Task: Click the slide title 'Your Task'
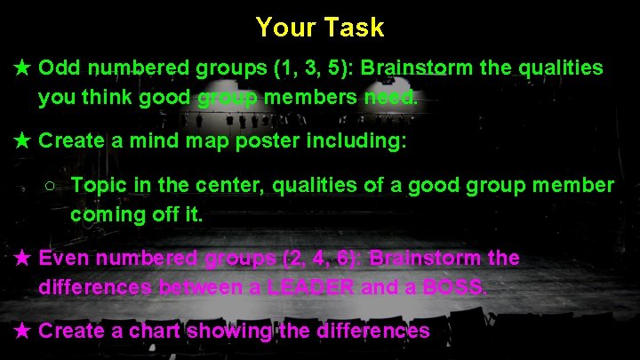point(320,28)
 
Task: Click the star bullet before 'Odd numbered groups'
point(24,68)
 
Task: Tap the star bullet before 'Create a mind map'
point(24,140)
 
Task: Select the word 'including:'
point(362,140)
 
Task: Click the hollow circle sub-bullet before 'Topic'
point(51,186)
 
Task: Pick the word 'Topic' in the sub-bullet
point(97,185)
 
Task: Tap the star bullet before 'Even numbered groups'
point(24,259)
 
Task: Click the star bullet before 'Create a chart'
point(24,332)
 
